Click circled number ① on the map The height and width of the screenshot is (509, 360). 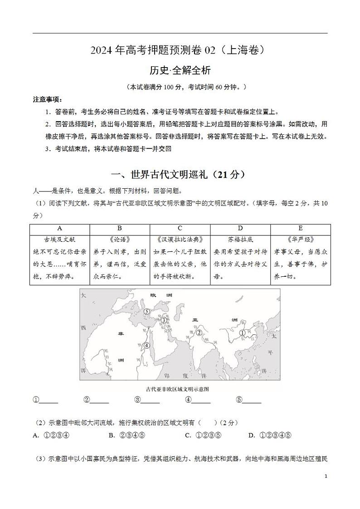pos(242,333)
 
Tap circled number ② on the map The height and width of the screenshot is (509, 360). pos(199,333)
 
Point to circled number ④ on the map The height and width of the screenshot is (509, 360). pos(146,345)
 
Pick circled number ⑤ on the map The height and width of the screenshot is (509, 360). pos(146,311)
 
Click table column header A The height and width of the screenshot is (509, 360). pos(60,228)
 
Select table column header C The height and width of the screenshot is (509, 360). pos(180,228)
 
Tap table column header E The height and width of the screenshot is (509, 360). pos(300,228)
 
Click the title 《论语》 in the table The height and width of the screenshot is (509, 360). pos(120,240)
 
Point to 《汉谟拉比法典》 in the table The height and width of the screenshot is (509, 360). pos(180,240)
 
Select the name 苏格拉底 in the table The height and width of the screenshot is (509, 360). pos(240,240)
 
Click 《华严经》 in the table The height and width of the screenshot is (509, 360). pos(300,240)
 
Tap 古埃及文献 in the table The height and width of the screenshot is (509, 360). pos(60,240)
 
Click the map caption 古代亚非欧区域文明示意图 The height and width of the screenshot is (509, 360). pos(180,389)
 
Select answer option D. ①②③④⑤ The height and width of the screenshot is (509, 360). pos(269,436)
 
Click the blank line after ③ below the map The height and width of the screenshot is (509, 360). pos(150,400)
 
